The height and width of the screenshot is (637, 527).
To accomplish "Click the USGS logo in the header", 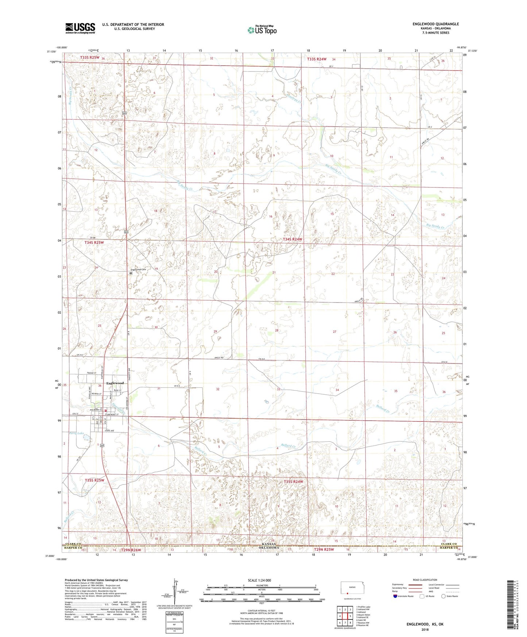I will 80,28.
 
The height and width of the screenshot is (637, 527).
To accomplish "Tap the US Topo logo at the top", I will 262,30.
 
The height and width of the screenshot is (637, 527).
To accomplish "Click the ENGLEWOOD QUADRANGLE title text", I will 435,24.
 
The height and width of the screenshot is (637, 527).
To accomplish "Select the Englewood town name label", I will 115,383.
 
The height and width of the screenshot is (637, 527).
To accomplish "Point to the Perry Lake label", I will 76,433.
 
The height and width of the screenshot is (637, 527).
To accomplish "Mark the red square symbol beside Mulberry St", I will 105,409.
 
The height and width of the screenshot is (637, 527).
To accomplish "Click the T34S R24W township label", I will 292,239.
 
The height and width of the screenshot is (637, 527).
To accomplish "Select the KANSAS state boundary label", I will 270,544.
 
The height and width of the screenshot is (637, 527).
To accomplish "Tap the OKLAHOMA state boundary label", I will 270,548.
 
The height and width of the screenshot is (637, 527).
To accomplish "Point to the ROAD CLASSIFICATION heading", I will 425,580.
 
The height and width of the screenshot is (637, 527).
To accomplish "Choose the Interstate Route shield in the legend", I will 395,597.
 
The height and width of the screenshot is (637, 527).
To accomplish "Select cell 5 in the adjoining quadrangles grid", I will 350,615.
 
